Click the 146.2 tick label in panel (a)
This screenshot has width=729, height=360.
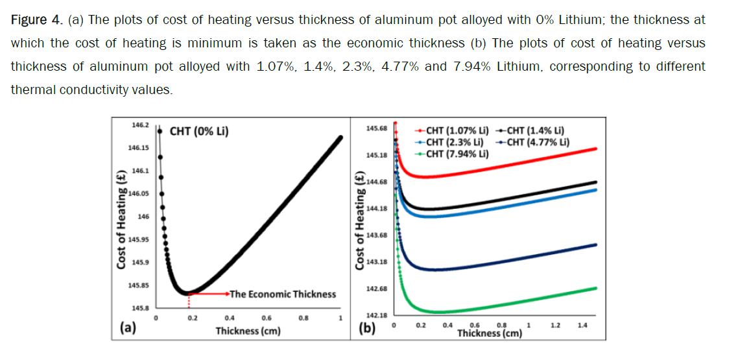point(140,124)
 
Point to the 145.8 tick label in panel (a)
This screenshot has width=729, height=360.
point(139,308)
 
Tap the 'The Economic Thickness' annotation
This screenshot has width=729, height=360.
point(283,294)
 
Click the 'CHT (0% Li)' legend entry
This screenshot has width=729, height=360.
point(199,132)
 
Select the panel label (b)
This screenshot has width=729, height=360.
point(367,328)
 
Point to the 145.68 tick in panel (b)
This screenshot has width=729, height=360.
point(377,128)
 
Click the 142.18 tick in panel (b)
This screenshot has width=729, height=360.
point(377,315)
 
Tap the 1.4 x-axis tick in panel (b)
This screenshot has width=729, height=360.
point(582,324)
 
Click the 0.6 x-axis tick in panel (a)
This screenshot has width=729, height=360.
point(267,318)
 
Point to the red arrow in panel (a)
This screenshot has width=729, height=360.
point(208,293)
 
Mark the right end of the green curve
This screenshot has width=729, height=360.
point(595,287)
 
